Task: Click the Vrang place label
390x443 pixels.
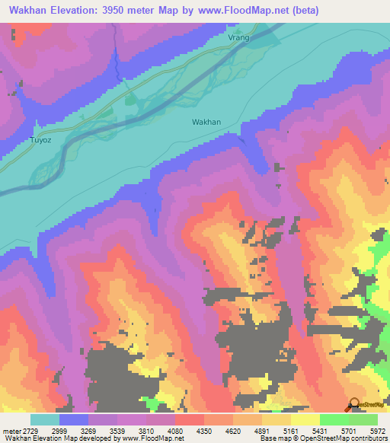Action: (x=238, y=37)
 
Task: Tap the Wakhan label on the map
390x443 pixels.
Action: (x=206, y=122)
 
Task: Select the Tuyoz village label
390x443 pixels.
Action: (x=40, y=140)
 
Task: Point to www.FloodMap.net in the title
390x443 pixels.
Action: (x=243, y=10)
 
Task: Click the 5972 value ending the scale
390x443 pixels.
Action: (x=369, y=430)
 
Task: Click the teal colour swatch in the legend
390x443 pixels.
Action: (x=45, y=419)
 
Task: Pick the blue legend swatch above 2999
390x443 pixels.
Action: (x=74, y=419)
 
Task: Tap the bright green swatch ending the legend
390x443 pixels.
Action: (x=363, y=419)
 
